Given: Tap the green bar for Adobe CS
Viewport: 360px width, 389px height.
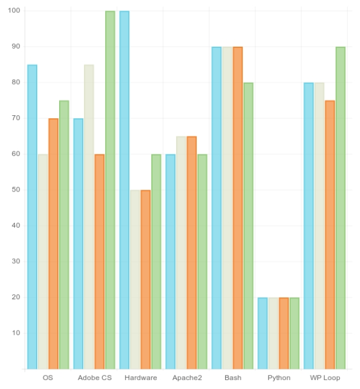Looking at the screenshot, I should pos(110,190).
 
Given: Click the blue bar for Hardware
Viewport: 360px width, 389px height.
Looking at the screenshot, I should pos(124,190).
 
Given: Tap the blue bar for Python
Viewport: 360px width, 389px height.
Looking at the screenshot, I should pos(262,333).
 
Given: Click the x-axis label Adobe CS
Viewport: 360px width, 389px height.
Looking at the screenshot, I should pos(95,378).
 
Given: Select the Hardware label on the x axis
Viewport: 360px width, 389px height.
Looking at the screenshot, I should pos(141,378).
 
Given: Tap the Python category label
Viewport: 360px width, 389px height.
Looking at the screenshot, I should pos(279,378).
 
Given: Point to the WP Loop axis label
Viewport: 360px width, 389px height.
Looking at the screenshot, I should pos(325,378).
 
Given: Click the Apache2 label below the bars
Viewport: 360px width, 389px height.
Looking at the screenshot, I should pos(187,378).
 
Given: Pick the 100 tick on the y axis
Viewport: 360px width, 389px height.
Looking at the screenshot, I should pos(14,11).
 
